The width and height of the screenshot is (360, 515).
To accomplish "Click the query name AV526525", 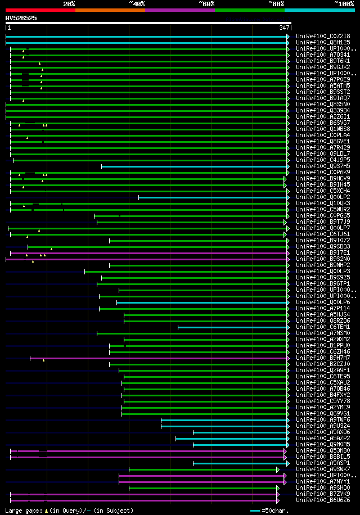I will [x=21, y=18].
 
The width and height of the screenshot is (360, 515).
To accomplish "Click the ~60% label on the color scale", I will [x=206, y=4].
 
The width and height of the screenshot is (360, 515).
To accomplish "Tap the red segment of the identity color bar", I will [x=40, y=10].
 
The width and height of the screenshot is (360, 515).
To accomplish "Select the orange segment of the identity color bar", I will [x=110, y=10].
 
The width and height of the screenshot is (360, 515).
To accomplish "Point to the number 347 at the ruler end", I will [x=284, y=28].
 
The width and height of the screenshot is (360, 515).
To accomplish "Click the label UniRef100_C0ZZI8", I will [x=323, y=36].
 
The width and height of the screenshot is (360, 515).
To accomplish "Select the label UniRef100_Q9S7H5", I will [x=323, y=166].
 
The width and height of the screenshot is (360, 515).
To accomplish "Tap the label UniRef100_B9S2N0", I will [x=323, y=259].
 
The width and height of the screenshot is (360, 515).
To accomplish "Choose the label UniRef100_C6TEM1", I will [x=323, y=327].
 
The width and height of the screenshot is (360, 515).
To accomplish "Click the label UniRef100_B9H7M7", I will [x=323, y=358].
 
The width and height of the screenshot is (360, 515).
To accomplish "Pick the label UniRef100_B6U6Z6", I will [x=323, y=500].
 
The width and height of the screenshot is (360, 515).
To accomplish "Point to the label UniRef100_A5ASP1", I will [x=323, y=463].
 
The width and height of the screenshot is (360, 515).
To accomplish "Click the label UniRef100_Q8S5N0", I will [x=323, y=104].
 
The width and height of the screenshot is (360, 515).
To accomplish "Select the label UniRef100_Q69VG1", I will [x=323, y=413].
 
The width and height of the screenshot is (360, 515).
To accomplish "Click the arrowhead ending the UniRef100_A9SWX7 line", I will [x=278, y=469].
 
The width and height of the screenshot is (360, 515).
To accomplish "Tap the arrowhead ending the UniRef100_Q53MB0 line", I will [x=285, y=450].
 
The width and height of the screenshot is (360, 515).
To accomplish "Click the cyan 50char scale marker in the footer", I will [x=255, y=511].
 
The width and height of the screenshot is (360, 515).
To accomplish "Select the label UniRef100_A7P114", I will [x=323, y=308].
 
